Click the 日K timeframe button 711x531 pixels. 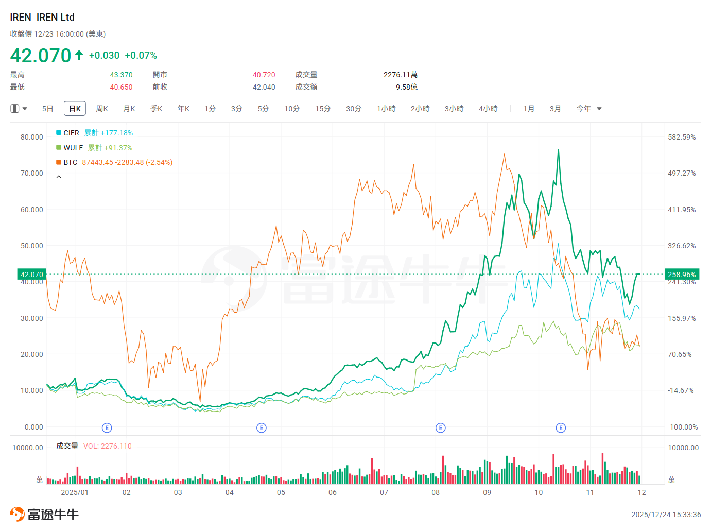[75, 109]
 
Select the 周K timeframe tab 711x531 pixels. [102, 109]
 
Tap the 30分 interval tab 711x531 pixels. [354, 109]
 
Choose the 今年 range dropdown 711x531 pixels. [588, 109]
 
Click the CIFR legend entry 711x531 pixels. [71, 133]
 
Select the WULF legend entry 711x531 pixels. [73, 148]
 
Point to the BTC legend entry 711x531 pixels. [70, 162]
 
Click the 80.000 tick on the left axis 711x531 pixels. [32, 137]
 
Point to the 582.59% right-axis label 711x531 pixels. [682, 137]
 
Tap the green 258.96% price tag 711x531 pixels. [682, 275]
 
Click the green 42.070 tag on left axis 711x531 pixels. [32, 275]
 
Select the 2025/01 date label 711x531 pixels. [75, 492]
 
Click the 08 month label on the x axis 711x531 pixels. [436, 492]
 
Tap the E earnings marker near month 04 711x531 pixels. [262, 428]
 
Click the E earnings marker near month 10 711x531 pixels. [561, 428]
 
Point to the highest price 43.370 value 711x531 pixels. [121, 75]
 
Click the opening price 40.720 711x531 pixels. [264, 75]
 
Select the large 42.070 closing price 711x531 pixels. [41, 56]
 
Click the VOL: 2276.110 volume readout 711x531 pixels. [108, 446]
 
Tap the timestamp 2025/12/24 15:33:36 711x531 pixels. [666, 515]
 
